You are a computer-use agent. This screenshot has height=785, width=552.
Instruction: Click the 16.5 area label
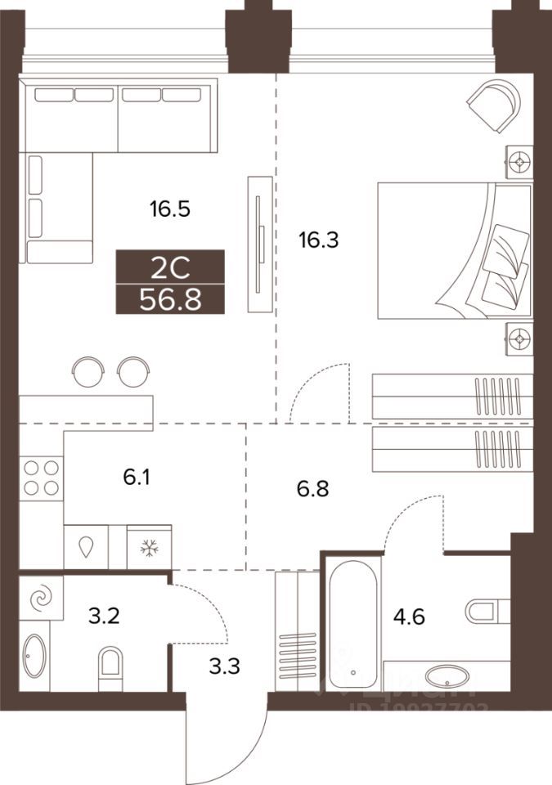pyautogui.click(x=169, y=209)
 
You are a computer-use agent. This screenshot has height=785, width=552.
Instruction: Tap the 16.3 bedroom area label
pyautogui.click(x=319, y=240)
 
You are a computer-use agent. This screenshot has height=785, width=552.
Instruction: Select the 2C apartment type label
pyautogui.click(x=169, y=266)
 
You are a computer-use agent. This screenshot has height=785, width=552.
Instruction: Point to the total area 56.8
pyautogui.click(x=169, y=299)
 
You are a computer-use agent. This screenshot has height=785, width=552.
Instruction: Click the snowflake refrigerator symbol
pyautogui.click(x=150, y=546)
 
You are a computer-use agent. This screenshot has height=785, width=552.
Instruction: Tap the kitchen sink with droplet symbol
pyautogui.click(x=88, y=546)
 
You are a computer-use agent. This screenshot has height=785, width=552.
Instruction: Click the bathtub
pyautogui.click(x=352, y=622)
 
